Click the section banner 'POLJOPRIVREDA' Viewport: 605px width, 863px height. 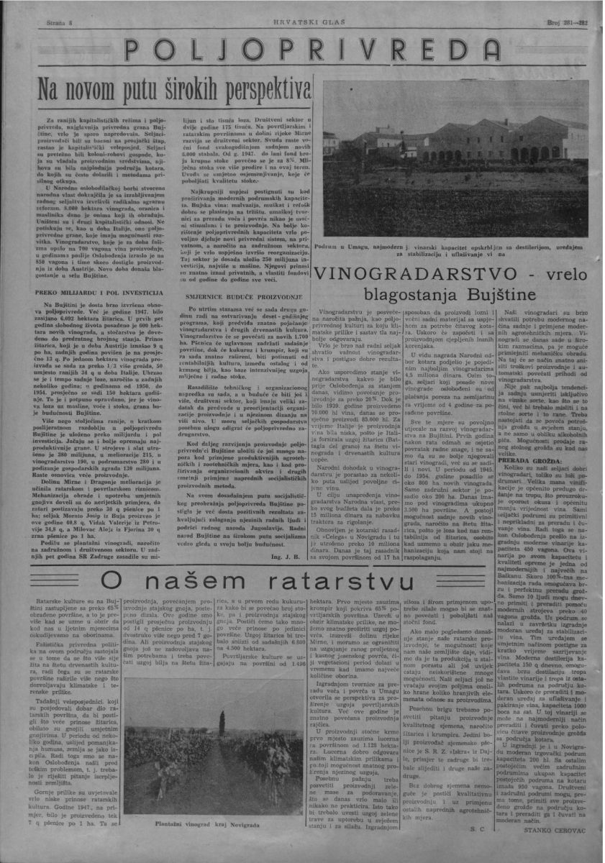coord(302,52)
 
